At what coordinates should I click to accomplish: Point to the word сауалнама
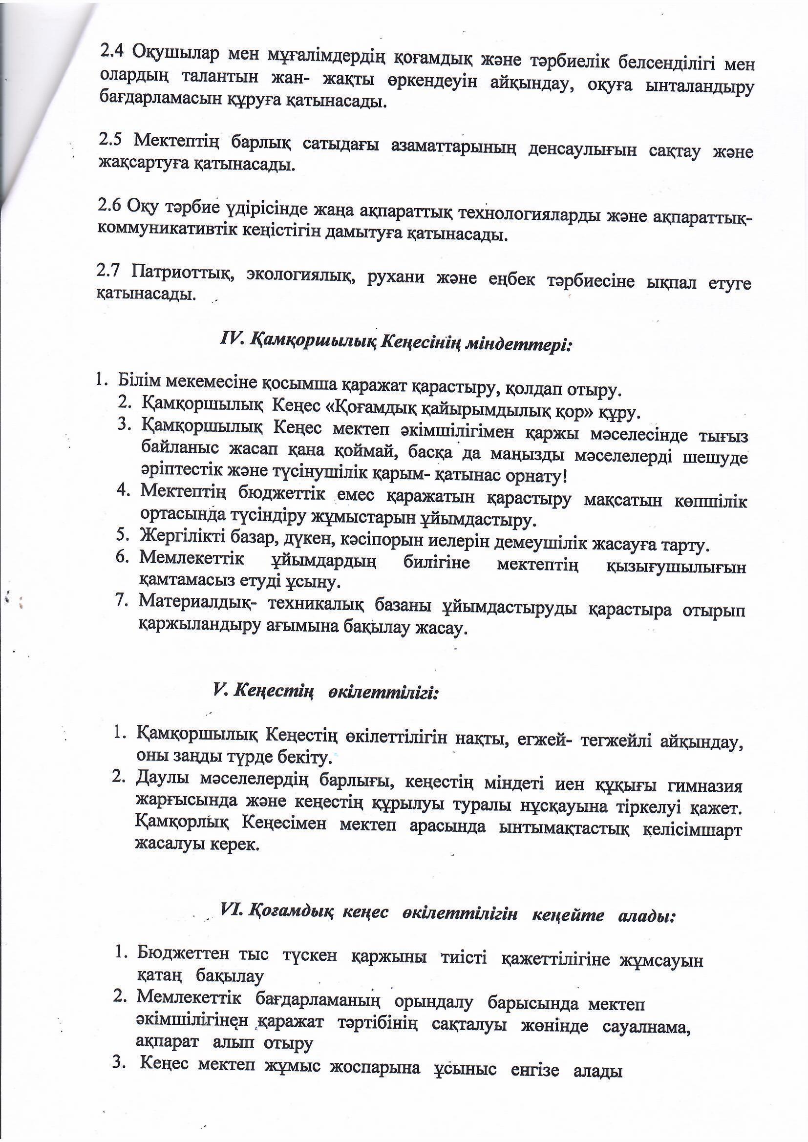point(646,1012)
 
